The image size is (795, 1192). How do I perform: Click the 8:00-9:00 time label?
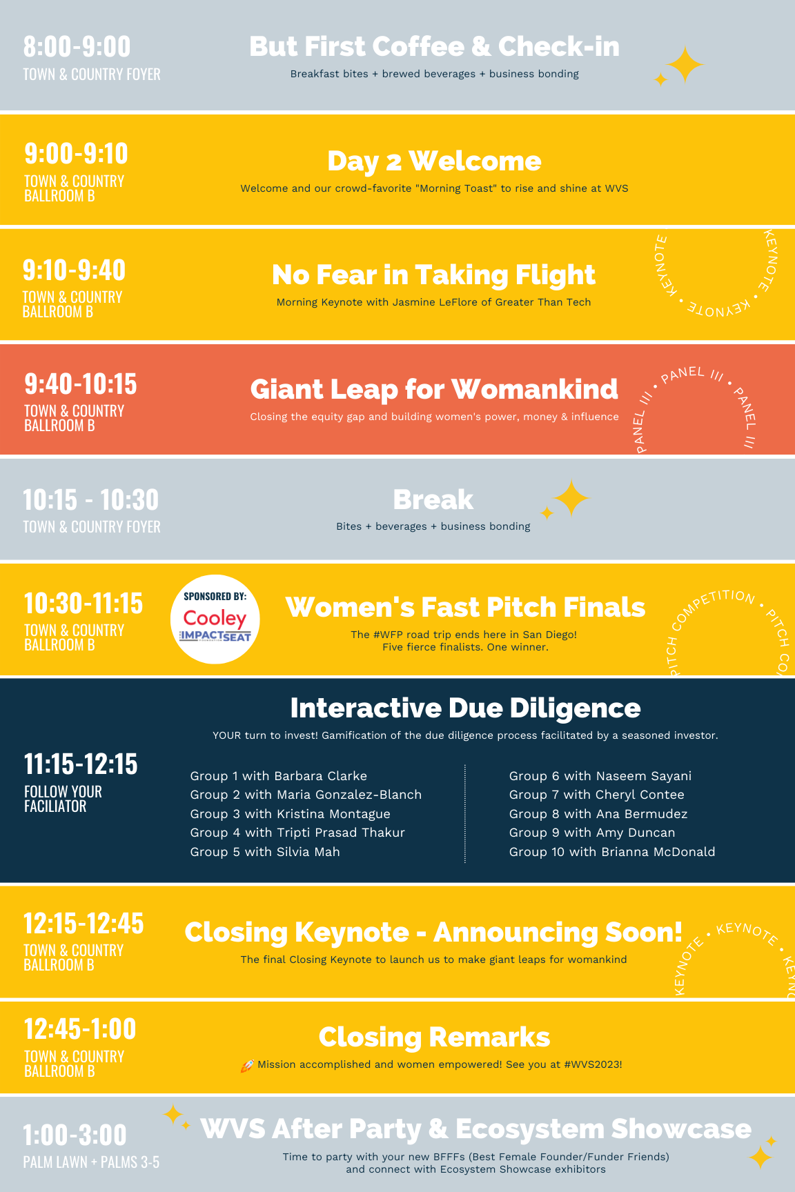click(x=77, y=47)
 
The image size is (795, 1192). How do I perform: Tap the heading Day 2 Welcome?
click(x=434, y=161)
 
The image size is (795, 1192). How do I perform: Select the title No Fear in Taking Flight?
click(x=433, y=275)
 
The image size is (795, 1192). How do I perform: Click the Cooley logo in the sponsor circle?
click(x=215, y=617)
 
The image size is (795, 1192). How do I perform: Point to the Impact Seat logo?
click(x=215, y=635)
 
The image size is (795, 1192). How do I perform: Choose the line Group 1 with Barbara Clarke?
click(x=279, y=776)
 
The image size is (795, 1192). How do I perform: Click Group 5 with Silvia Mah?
click(x=265, y=852)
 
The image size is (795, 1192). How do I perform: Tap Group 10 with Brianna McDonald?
click(x=612, y=852)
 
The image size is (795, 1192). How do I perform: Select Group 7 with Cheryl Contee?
click(x=597, y=795)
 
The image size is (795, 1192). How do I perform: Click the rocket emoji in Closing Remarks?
click(x=247, y=1066)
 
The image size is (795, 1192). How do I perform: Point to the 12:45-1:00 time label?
click(x=80, y=1029)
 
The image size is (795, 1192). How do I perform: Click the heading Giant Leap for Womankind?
click(x=434, y=389)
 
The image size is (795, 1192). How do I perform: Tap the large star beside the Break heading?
click(x=571, y=498)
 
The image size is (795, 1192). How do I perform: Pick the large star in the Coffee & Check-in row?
click(x=685, y=65)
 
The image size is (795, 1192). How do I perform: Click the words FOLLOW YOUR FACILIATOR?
click(x=63, y=799)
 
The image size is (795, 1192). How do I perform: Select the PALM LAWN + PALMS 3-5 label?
click(x=91, y=1162)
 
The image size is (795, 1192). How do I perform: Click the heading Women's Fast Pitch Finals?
click(x=466, y=607)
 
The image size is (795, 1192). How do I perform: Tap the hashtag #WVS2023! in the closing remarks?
click(x=593, y=1064)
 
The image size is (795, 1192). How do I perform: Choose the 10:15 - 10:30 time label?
click(x=90, y=500)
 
